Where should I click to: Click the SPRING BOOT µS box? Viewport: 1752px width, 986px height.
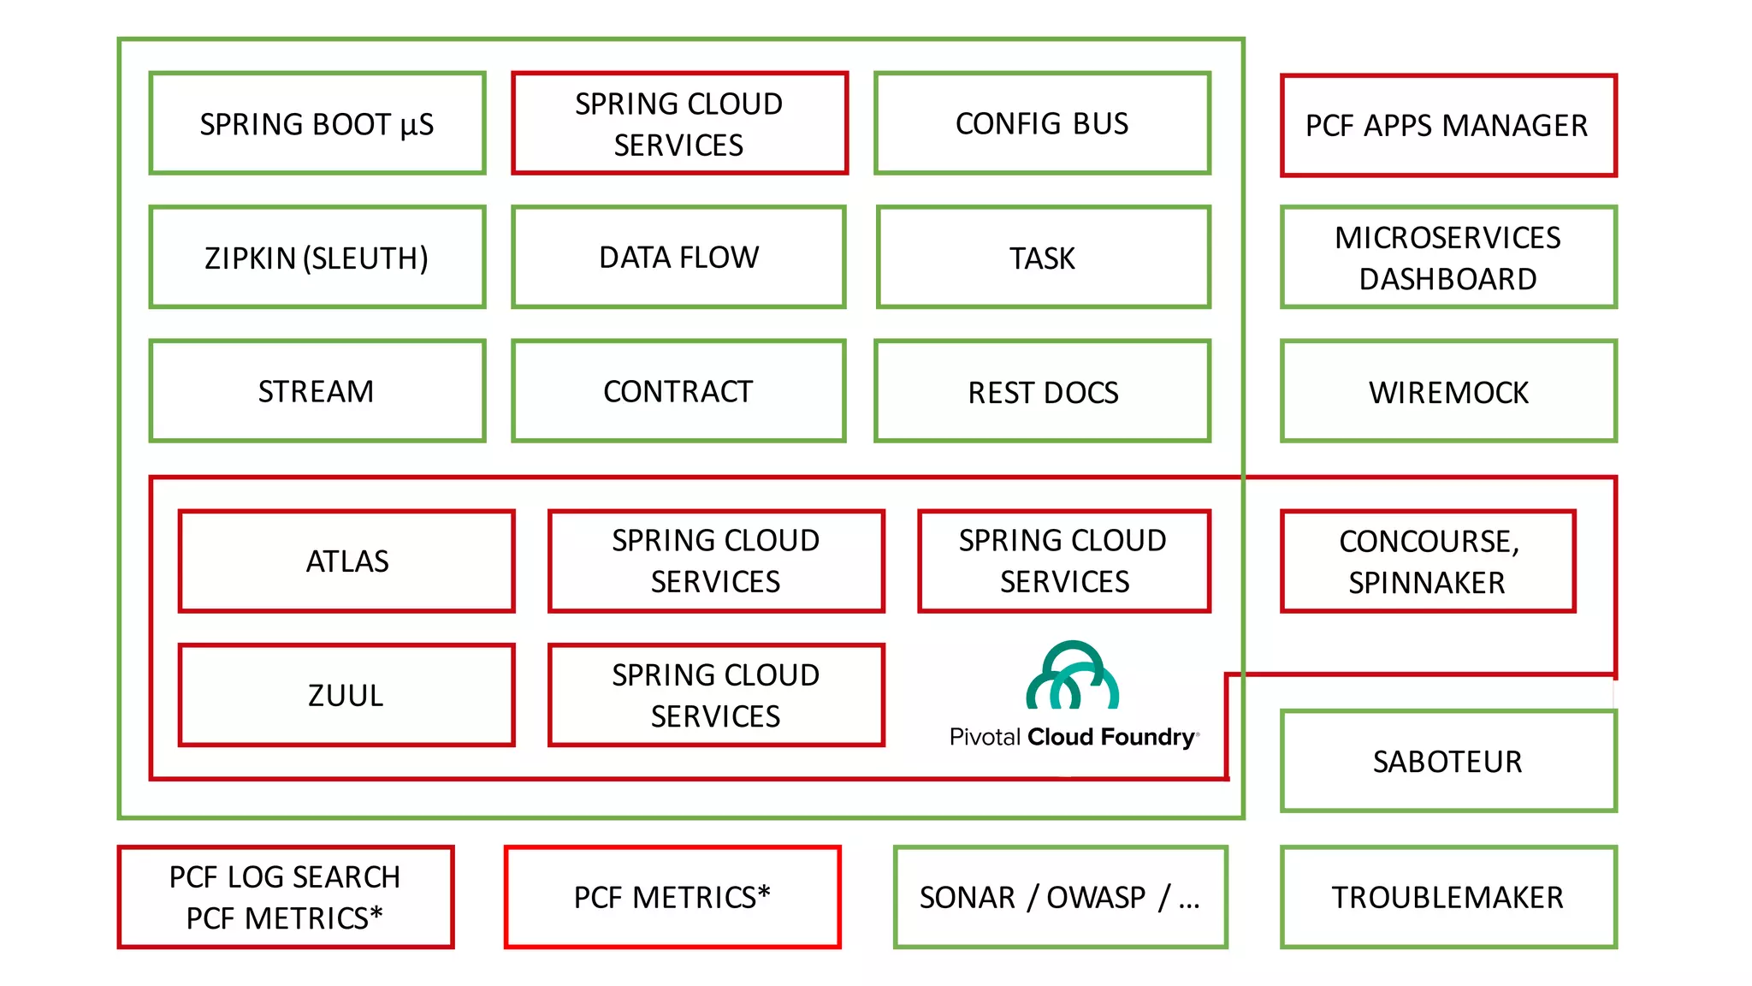coord(317,124)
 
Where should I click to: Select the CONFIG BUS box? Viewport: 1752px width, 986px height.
coord(1042,124)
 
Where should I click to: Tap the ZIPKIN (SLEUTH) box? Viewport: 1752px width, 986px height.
coord(317,258)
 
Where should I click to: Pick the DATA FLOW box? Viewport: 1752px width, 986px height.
coord(678,258)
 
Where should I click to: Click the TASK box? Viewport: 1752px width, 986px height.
coord(1043,258)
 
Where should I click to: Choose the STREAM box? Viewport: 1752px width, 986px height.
coord(317,391)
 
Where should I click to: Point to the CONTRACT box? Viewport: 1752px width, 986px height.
coord(678,391)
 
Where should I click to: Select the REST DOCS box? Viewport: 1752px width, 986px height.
coord(1042,392)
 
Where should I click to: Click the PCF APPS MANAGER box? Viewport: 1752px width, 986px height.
coord(1447,126)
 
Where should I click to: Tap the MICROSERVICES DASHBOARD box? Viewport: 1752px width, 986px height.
coord(1447,258)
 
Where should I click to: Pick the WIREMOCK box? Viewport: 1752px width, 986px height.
coord(1447,392)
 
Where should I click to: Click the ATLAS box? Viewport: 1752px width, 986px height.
coord(346,561)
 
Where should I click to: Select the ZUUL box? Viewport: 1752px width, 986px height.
coord(346,695)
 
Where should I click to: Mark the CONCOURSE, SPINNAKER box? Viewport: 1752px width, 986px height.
coord(1428,561)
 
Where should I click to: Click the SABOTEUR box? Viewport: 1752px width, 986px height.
coord(1447,761)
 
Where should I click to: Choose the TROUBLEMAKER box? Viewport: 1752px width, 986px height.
coord(1447,897)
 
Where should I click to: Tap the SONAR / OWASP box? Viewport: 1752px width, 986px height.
coord(1060,897)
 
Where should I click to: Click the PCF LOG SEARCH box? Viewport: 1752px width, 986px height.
coord(285,897)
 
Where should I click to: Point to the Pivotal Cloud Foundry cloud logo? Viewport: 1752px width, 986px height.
coord(1072,676)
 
